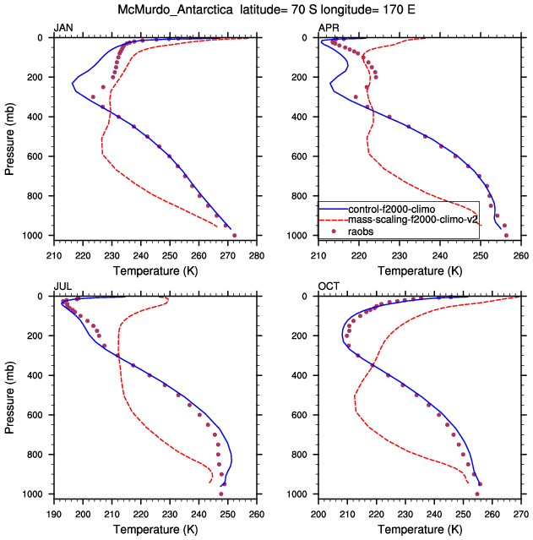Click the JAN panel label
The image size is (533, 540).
pos(63,29)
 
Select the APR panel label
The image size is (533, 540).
pos(329,29)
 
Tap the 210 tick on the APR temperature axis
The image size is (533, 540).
pos(318,256)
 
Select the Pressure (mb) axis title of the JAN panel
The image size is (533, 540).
pos(9,136)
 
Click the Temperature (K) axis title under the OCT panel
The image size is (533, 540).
pos(420,530)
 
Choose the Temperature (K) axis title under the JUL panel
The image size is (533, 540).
pos(155,530)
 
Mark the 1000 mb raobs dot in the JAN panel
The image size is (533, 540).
pos(234,235)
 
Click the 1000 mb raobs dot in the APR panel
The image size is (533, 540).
pos(506,235)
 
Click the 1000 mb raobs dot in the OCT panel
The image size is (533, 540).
pos(477,494)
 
